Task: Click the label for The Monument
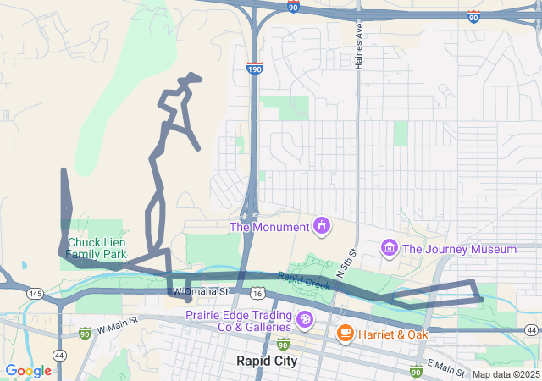[269, 227]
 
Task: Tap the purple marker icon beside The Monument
[322, 226]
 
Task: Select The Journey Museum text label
[459, 249]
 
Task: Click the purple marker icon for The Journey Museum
[389, 248]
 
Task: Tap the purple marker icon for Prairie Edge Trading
[304, 321]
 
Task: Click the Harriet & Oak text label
[392, 334]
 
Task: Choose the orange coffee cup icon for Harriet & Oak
[345, 333]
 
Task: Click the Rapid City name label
[267, 361]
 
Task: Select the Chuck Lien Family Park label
[97, 248]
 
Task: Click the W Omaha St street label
[201, 291]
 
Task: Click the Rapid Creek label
[302, 280]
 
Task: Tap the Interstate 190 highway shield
[255, 67]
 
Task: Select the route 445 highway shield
[35, 293]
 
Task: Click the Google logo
[28, 371]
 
